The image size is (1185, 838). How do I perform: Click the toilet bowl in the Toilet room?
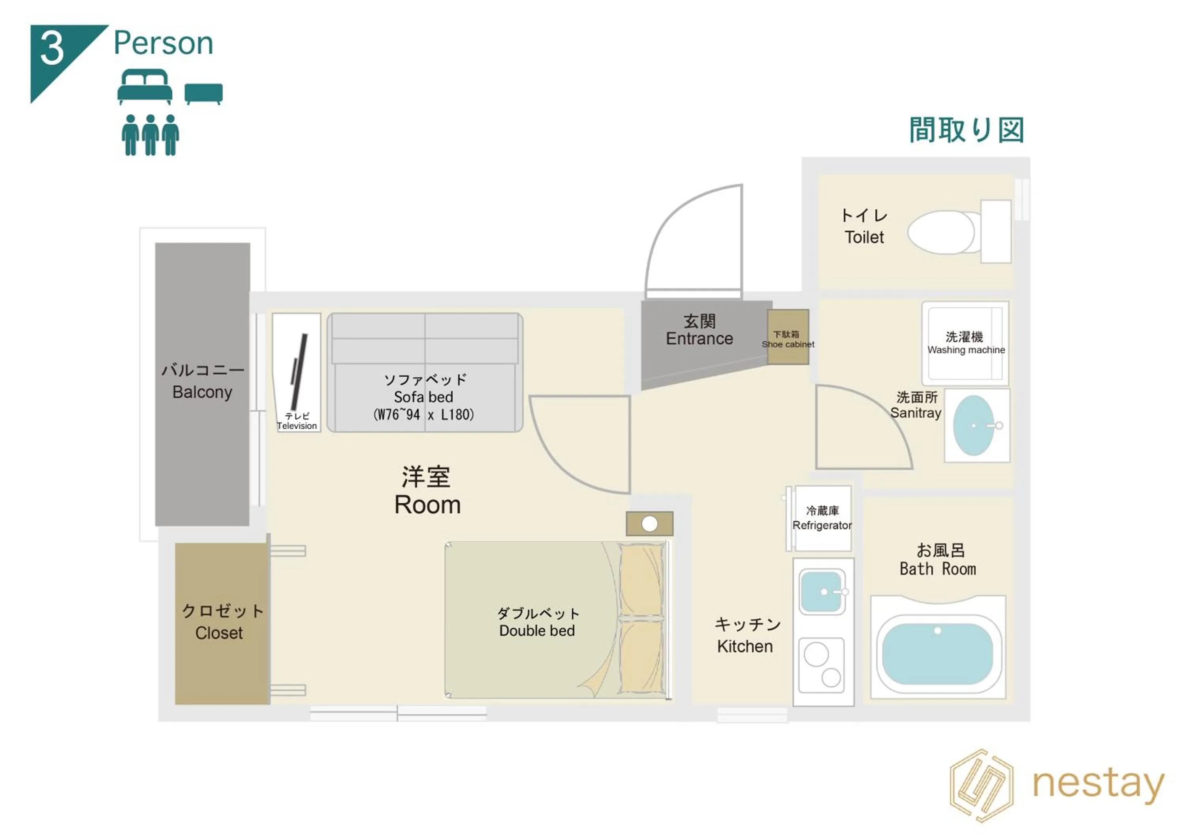[x=940, y=232]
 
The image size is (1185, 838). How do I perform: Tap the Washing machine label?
[x=966, y=350]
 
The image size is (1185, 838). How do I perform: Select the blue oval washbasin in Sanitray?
[x=973, y=426]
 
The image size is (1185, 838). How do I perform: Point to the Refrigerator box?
[x=822, y=518]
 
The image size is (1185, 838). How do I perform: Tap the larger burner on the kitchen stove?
[x=816, y=654]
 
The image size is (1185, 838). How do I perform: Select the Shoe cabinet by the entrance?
[x=788, y=337]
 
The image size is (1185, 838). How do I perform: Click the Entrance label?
[x=699, y=338]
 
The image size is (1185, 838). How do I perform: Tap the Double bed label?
[x=537, y=631]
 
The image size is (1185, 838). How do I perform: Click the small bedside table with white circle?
[x=649, y=524]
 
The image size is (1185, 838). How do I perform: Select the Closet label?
[x=219, y=633]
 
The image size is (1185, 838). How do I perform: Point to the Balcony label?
[x=202, y=392]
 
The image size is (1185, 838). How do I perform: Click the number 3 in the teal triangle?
[x=52, y=49]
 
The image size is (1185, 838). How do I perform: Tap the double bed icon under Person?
[x=145, y=87]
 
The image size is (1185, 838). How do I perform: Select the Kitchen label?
[x=745, y=646]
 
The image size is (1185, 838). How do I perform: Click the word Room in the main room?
[x=427, y=505]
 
